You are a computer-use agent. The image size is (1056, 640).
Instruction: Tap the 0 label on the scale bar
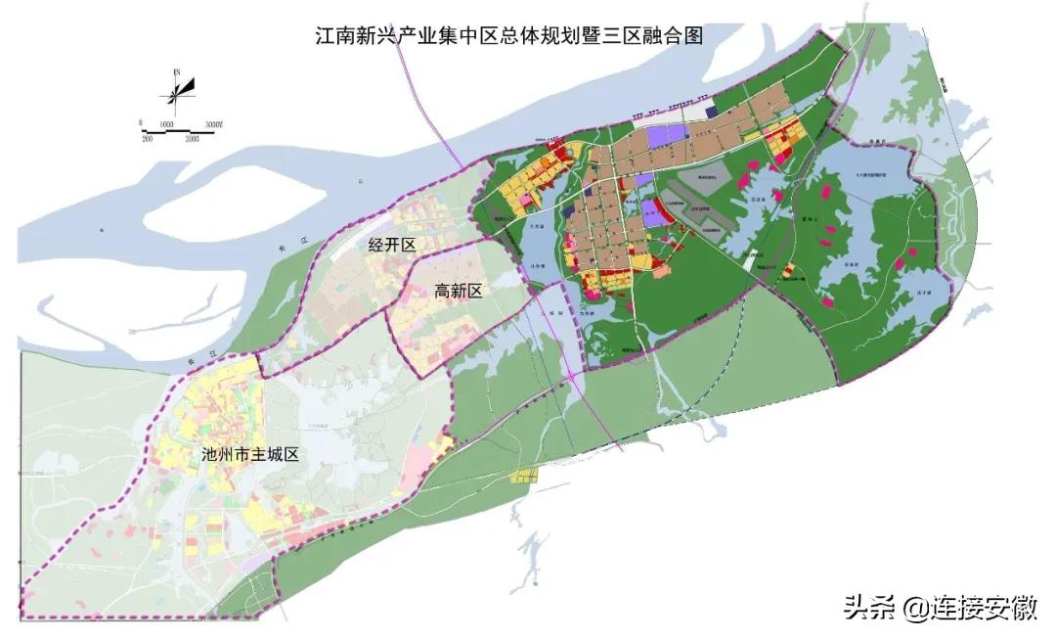coord(141,124)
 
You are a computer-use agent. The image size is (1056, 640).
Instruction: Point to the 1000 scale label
coord(166,124)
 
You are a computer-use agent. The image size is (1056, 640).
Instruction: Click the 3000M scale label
coord(214,124)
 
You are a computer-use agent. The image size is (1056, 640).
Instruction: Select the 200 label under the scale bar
coord(149,139)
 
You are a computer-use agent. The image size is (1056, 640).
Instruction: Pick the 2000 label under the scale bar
coord(192,139)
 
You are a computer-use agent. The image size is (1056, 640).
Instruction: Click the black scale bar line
coord(176,131)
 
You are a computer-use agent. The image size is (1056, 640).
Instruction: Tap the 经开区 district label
coord(392,245)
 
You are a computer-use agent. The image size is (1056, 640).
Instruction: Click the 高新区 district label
coord(458,291)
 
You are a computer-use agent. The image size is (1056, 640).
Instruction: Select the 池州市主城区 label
coord(247,454)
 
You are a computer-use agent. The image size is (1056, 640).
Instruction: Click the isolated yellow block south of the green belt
coord(525,478)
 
